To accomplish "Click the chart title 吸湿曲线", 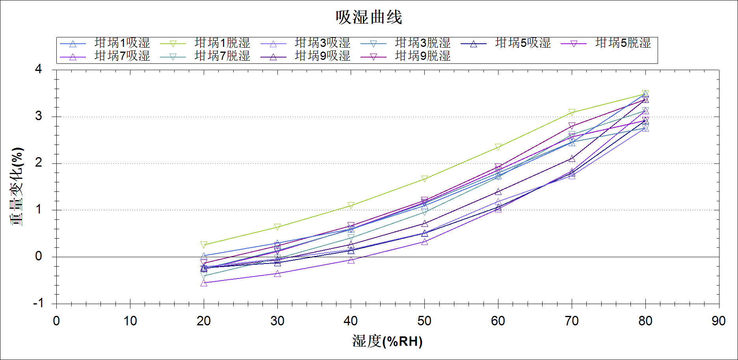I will coord(369,17).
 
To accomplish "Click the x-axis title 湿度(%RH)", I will coord(387,341).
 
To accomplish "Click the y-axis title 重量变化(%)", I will coord(17,187).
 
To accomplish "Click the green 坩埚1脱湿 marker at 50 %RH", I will coord(424,179).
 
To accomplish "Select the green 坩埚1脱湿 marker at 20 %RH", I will coord(204,245).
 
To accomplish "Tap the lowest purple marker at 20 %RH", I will coord(204,283).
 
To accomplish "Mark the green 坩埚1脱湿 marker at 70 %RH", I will coord(572,113).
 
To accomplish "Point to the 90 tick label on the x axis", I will coord(719,321).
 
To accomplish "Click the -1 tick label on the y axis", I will coord(38,303).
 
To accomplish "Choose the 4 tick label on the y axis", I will coord(38,69).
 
